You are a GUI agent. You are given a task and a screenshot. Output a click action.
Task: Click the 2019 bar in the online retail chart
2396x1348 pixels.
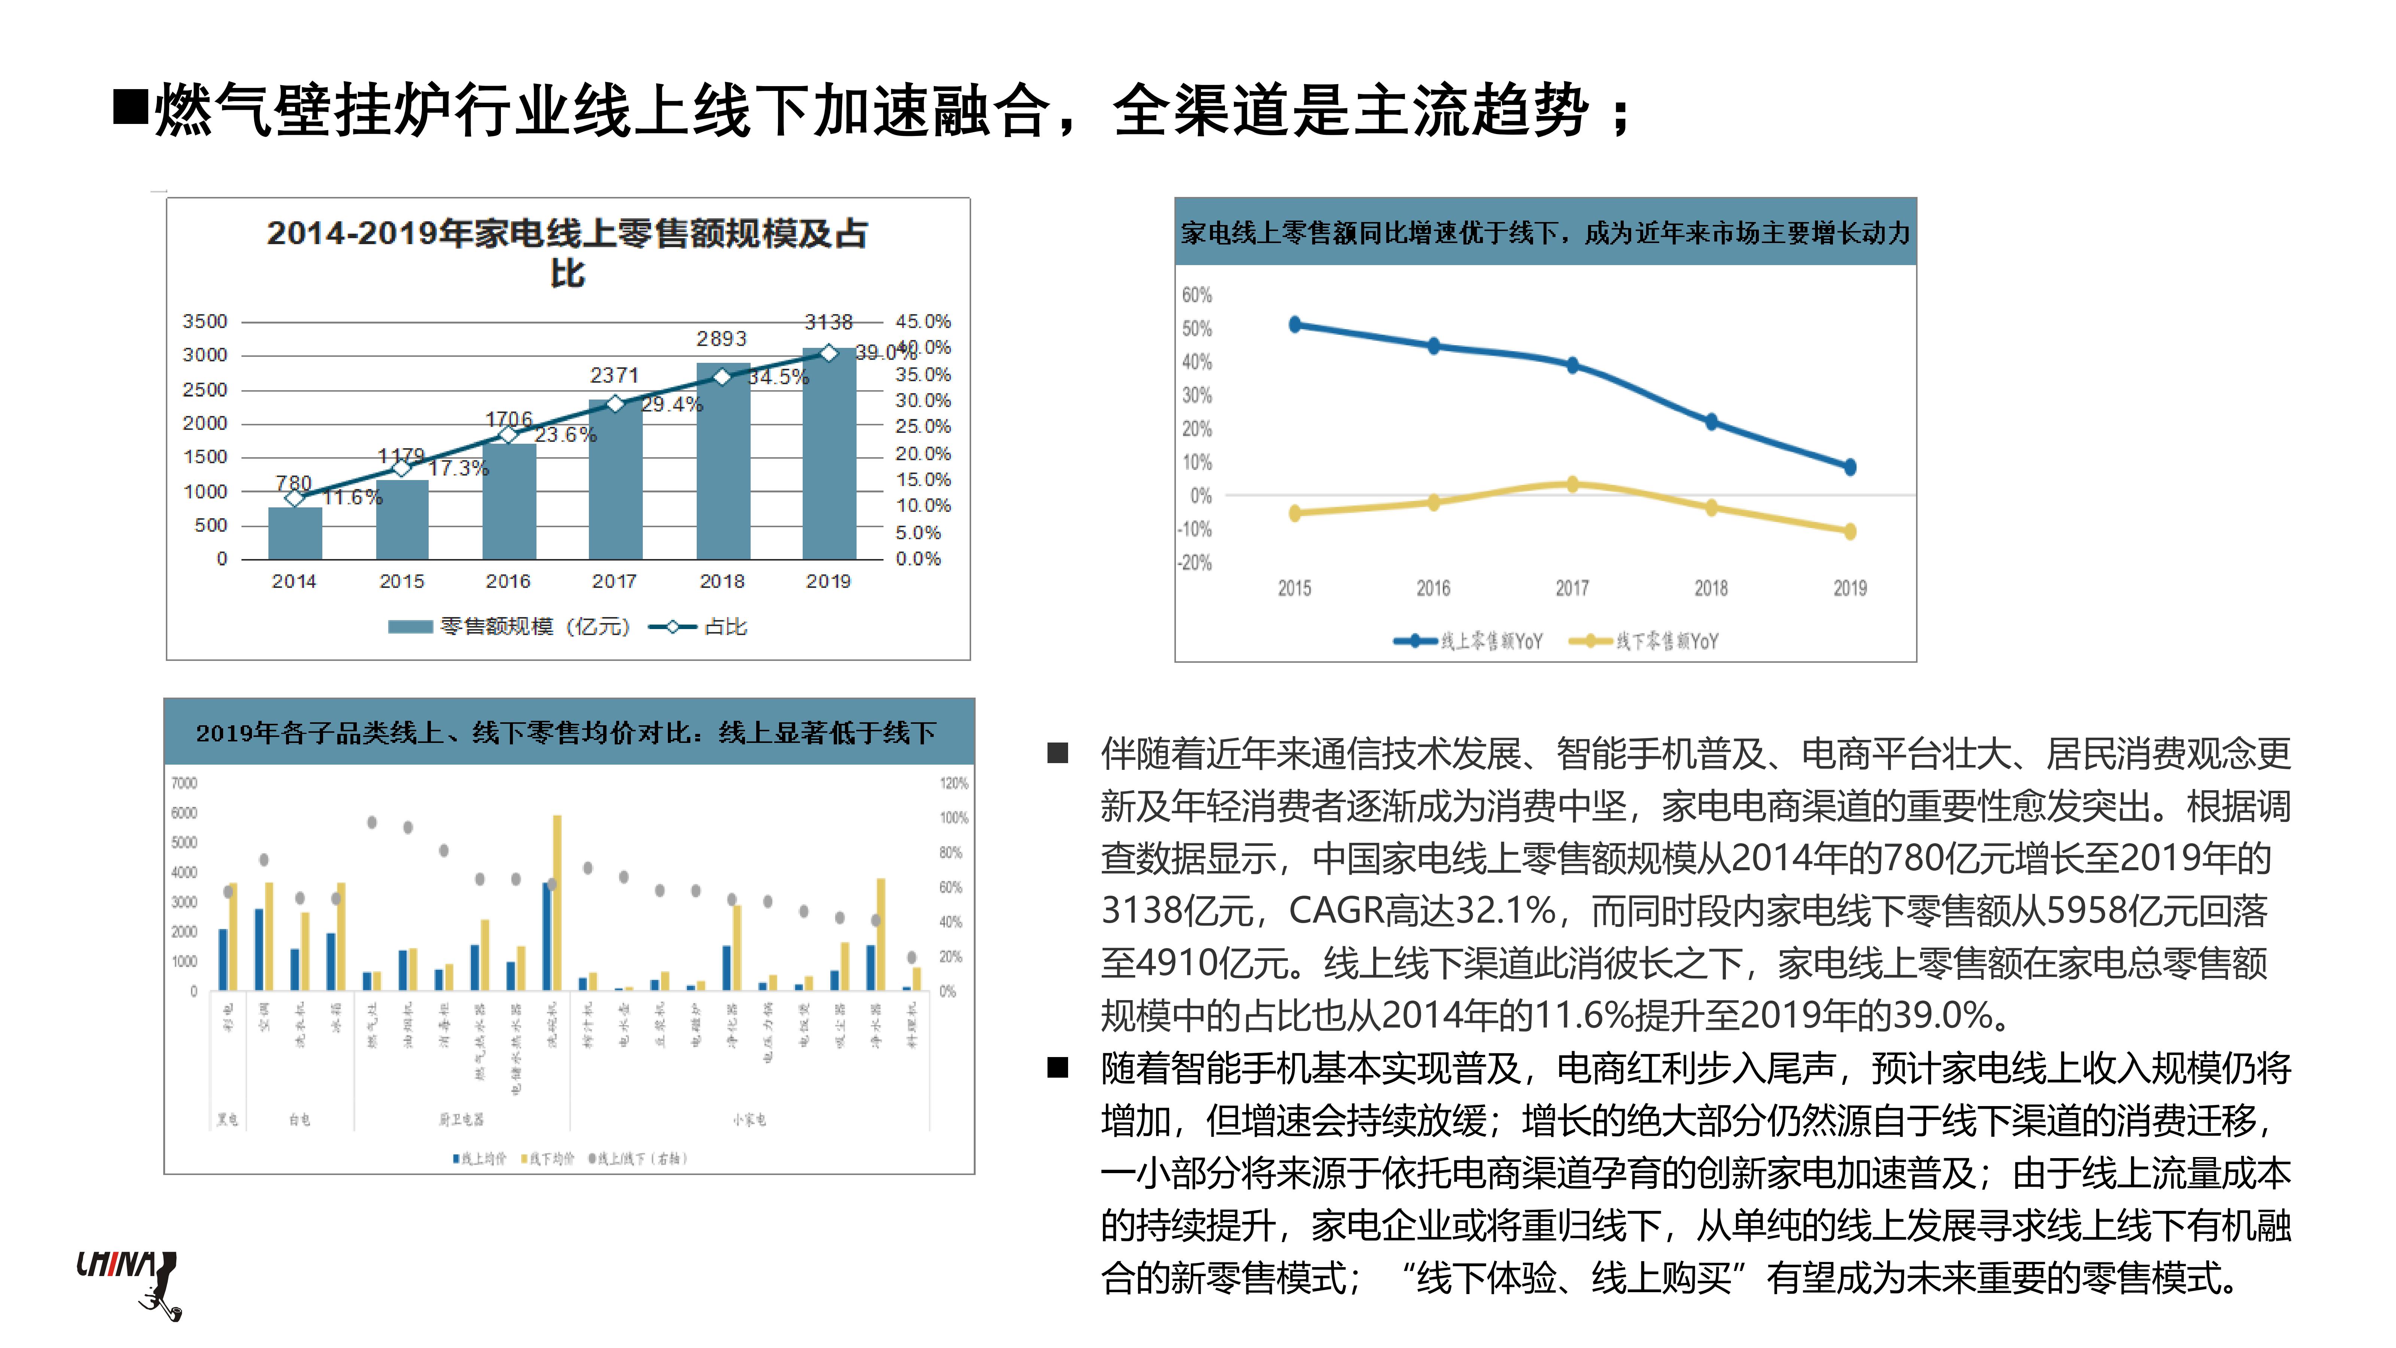[x=829, y=456]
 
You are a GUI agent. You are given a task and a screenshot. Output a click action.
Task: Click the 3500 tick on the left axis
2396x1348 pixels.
[x=205, y=321]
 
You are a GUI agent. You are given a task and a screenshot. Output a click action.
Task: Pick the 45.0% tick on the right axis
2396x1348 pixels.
[x=923, y=321]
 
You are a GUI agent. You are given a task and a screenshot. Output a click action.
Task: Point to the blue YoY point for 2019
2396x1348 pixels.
[x=1849, y=467]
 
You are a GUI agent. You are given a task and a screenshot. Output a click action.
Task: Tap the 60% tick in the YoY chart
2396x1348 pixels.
[x=1197, y=295]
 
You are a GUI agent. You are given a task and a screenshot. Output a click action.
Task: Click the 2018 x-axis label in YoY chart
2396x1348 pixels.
[x=1711, y=588]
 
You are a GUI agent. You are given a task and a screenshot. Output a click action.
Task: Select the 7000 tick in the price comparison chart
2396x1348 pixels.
[x=184, y=783]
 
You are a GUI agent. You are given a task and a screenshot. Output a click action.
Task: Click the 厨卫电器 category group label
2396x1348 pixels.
[x=461, y=1119]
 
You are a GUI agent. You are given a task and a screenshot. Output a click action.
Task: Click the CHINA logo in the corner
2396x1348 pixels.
[x=127, y=1282]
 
